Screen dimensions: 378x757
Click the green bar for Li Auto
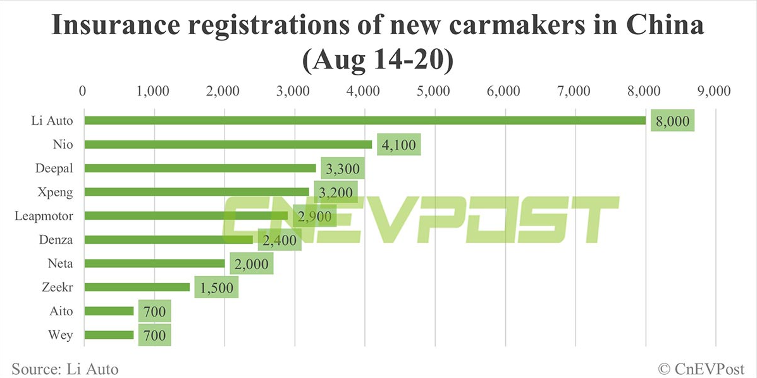pyautogui.click(x=364, y=120)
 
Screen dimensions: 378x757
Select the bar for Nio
pyautogui.click(x=228, y=144)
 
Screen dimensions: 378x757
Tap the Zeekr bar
pyautogui.click(x=137, y=287)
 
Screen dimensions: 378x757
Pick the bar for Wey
pyautogui.click(x=109, y=335)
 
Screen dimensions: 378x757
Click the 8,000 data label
pyautogui.click(x=672, y=121)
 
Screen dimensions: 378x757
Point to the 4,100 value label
pyautogui.click(x=398, y=145)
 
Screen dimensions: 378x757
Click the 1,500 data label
pyautogui.click(x=216, y=287)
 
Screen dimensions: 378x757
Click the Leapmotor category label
pyautogui.click(x=44, y=216)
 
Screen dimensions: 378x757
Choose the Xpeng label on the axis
pyautogui.click(x=56, y=192)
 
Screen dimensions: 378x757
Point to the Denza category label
pyautogui.click(x=56, y=240)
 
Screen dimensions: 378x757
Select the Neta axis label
pyautogui.click(x=61, y=263)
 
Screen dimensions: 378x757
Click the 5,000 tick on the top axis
pyautogui.click(x=434, y=91)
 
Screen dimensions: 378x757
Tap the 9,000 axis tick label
pyautogui.click(x=715, y=91)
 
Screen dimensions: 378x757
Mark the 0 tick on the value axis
pyautogui.click(x=83, y=91)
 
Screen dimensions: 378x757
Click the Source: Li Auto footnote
pyautogui.click(x=65, y=368)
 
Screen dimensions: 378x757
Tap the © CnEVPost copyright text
pyautogui.click(x=701, y=368)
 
